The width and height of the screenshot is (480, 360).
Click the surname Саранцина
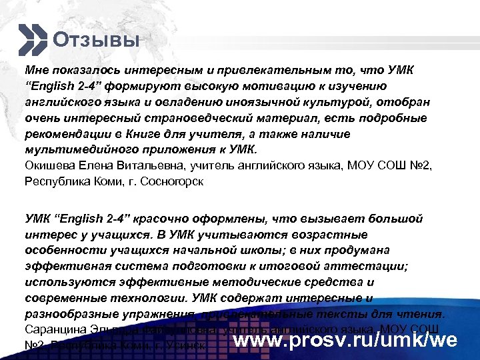tap(53, 329)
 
